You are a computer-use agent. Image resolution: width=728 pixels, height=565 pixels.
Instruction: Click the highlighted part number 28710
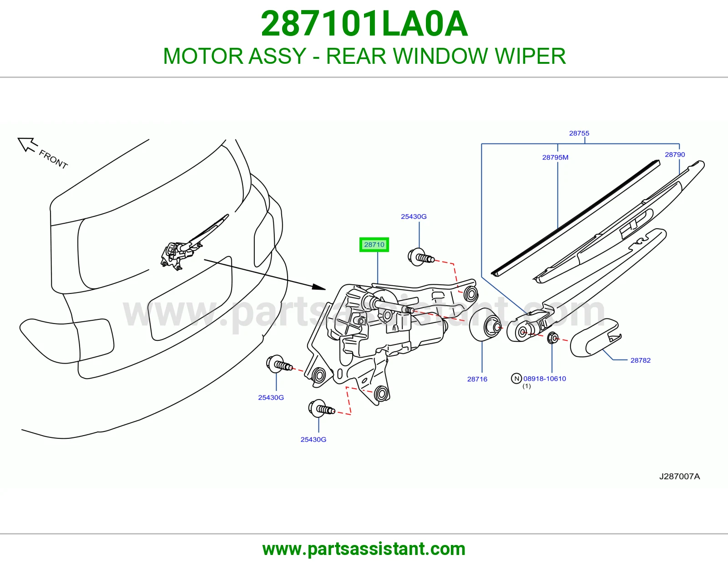tap(374, 245)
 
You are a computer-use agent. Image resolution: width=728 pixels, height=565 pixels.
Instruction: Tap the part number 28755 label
tap(579, 133)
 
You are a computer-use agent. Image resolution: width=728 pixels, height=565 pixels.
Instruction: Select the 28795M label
tap(555, 157)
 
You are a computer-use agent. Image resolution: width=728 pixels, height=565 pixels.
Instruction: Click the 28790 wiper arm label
tap(675, 154)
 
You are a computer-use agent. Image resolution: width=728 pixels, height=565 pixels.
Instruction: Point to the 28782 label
tap(640, 360)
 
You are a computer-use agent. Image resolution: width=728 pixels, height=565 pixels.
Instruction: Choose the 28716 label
tap(477, 379)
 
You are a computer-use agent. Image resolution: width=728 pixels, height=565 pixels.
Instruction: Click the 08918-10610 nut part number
tap(545, 379)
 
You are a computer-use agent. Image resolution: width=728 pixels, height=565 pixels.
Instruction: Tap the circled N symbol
tap(516, 379)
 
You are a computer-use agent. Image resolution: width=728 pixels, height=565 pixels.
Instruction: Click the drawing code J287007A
tap(679, 477)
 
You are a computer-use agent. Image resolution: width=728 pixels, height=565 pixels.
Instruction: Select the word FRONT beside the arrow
tap(53, 159)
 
